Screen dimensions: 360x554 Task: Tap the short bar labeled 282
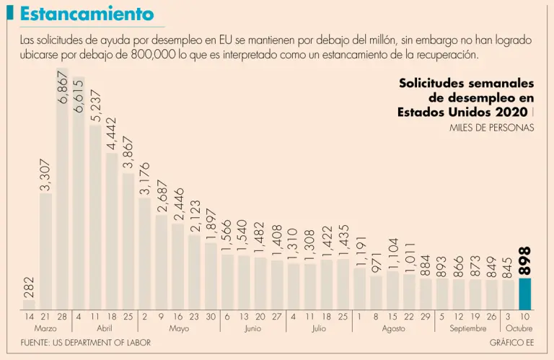[29, 304]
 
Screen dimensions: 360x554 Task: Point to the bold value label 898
[525, 260]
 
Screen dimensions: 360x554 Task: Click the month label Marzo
[45, 328]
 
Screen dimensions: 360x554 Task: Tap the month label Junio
[252, 328]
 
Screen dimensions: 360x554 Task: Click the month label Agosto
[392, 328]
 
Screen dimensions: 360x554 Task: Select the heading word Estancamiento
[87, 14]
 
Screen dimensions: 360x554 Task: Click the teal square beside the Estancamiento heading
[10, 13]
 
